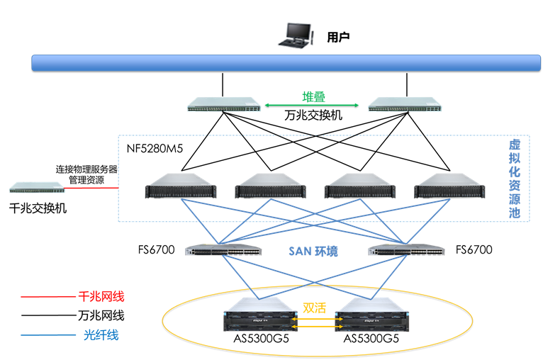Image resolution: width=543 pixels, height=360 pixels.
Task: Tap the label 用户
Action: point(338,37)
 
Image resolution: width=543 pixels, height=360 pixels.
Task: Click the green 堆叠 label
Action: point(314,98)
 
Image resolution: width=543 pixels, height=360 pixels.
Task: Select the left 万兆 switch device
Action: point(223,108)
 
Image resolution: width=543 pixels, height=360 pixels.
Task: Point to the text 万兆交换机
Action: point(313,115)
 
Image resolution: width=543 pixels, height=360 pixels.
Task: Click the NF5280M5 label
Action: point(155,149)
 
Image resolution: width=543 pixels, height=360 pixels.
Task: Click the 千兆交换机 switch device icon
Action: point(37,188)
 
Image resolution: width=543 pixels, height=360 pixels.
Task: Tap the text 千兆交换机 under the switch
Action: point(37,208)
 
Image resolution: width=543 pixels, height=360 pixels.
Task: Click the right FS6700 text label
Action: point(474,249)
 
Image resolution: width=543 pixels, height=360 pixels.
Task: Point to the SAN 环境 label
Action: point(313,251)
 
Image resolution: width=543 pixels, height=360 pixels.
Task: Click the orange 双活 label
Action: point(315,308)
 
